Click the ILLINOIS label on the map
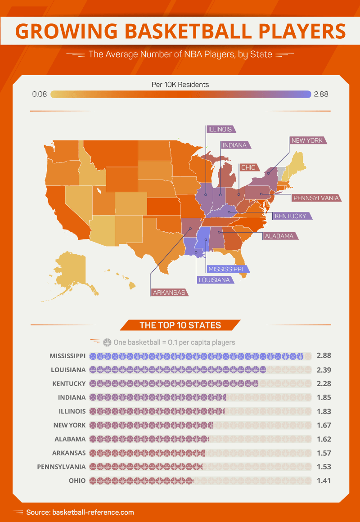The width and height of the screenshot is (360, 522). (x=220, y=129)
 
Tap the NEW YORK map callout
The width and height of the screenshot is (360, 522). (x=307, y=140)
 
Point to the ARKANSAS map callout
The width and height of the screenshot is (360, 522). (x=169, y=292)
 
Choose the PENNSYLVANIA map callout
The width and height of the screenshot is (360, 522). (x=315, y=198)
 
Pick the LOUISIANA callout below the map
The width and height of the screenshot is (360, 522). (x=214, y=280)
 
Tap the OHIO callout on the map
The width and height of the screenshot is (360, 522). (x=248, y=167)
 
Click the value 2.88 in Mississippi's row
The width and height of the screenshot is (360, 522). (x=324, y=355)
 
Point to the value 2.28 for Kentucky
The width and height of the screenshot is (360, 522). (x=324, y=383)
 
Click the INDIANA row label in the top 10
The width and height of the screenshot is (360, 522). (x=72, y=397)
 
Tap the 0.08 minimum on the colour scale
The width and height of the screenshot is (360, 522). (x=40, y=94)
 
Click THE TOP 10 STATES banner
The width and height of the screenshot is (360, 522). (x=180, y=325)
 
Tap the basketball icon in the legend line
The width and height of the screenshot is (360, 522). (x=107, y=342)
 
